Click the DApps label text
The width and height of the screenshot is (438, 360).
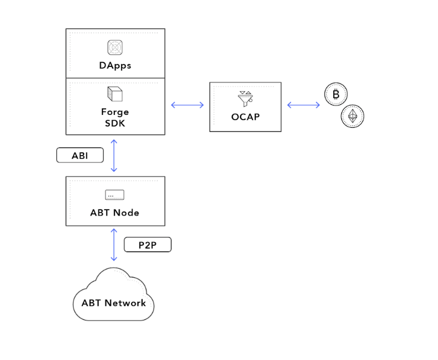[115, 66]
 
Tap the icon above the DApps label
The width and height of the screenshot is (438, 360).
[115, 47]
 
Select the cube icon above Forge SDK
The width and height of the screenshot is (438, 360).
[114, 94]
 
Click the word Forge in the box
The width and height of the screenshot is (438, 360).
[115, 112]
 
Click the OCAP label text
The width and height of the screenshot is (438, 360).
[245, 117]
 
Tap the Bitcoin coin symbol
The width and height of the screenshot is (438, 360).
[336, 95]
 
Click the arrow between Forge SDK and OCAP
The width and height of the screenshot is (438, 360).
[187, 105]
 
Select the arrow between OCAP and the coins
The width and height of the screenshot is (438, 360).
[303, 105]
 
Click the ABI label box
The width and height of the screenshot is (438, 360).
[80, 156]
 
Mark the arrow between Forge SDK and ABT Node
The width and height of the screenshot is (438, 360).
[114, 155]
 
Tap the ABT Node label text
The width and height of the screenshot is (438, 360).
[115, 213]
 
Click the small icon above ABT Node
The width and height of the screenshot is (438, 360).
[114, 195]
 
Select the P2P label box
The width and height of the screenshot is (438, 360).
[148, 245]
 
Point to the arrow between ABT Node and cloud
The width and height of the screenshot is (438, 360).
[114, 244]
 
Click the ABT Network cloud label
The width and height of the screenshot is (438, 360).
[113, 303]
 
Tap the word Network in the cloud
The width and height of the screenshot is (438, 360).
[125, 303]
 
